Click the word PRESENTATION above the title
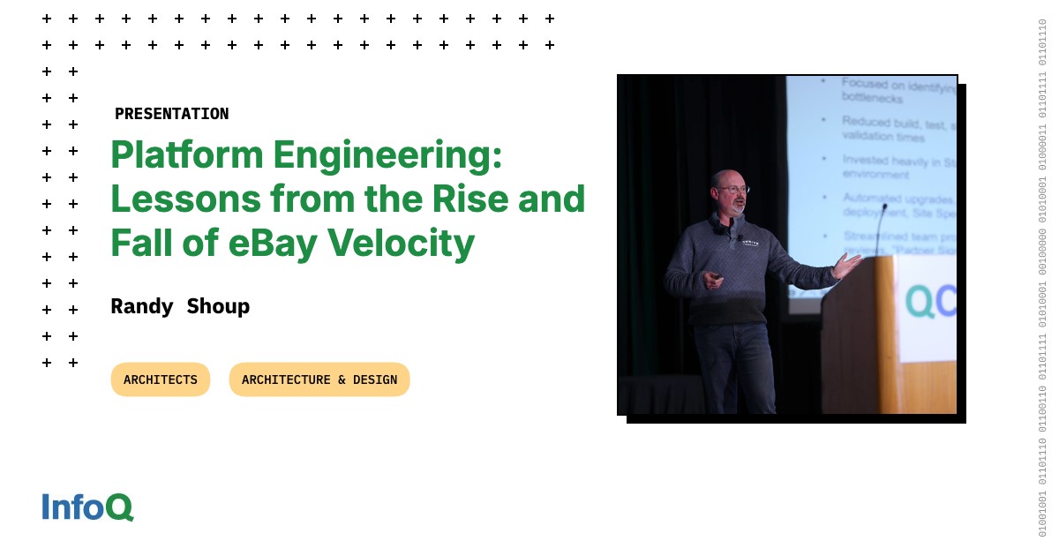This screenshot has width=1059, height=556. click(171, 114)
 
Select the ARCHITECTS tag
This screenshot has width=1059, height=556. click(161, 379)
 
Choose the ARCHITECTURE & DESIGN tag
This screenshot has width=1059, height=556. click(319, 379)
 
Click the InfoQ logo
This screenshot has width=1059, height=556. click(87, 507)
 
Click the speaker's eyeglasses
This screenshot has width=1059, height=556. click(732, 189)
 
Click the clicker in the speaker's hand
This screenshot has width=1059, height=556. click(717, 277)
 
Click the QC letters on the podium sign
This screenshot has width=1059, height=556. click(931, 302)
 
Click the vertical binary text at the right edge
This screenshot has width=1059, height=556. click(1042, 278)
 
